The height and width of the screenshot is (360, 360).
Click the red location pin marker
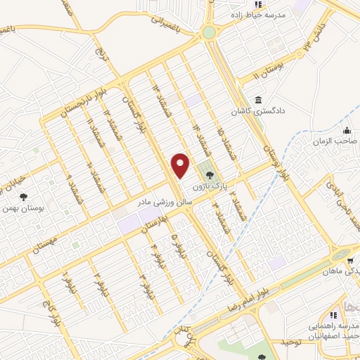[181, 165]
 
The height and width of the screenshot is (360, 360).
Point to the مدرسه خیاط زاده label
[259, 14]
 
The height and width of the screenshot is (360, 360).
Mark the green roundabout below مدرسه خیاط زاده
[209, 32]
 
